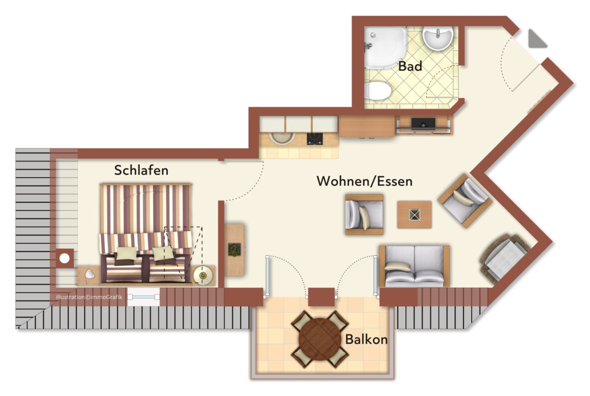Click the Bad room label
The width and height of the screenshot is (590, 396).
point(410,66)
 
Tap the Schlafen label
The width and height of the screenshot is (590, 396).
point(141,170)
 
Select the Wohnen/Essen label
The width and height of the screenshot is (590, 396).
point(364,181)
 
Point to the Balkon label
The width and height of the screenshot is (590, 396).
point(366,339)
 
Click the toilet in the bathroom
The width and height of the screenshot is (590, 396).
point(378,90)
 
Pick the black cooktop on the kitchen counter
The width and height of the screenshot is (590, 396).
point(315,139)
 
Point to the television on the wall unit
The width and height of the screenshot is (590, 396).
point(423,124)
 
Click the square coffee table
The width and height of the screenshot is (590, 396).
point(414,215)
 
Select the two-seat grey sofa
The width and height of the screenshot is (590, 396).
point(414,266)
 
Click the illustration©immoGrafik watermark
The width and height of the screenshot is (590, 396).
point(89,297)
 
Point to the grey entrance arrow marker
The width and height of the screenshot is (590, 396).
point(536,39)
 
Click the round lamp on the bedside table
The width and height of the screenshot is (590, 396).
point(203,275)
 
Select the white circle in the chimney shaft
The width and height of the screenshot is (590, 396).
point(64,258)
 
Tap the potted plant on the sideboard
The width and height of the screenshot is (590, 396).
point(234,249)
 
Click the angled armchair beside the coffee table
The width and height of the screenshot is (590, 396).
point(465,201)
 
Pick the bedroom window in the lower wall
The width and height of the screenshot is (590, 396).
point(144,297)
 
